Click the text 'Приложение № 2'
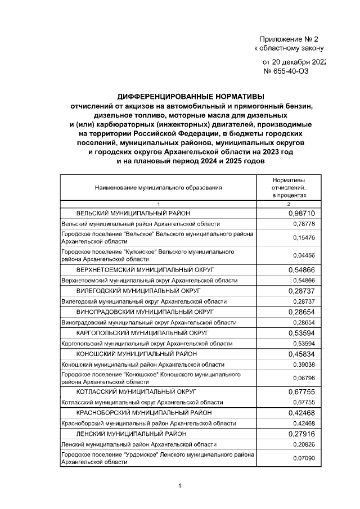pyautogui.click(x=289, y=39)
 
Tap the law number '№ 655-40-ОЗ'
pyautogui.click(x=286, y=71)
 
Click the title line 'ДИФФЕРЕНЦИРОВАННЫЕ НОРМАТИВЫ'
pyautogui.click(x=190, y=96)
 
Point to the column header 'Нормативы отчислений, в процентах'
pyautogui.click(x=289, y=187)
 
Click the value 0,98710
pyautogui.click(x=301, y=214)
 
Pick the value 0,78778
pyautogui.click(x=304, y=224)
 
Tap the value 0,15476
pyautogui.click(x=304, y=238)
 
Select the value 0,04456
pyautogui.click(x=304, y=255)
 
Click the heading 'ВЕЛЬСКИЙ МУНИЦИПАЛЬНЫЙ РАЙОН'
pyautogui.click(x=133, y=214)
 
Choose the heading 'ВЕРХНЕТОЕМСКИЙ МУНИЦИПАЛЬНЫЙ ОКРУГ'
pyautogui.click(x=146, y=270)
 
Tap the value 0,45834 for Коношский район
pyautogui.click(x=301, y=354)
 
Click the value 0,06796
pyautogui.click(x=304, y=378)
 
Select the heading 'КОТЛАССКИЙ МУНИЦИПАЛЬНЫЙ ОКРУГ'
pyautogui.click(x=137, y=391)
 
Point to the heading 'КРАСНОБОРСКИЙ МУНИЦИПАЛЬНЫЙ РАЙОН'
pyautogui.click(x=144, y=413)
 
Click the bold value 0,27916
pyautogui.click(x=301, y=434)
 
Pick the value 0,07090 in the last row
pyautogui.click(x=304, y=458)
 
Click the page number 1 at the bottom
pyautogui.click(x=179, y=486)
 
